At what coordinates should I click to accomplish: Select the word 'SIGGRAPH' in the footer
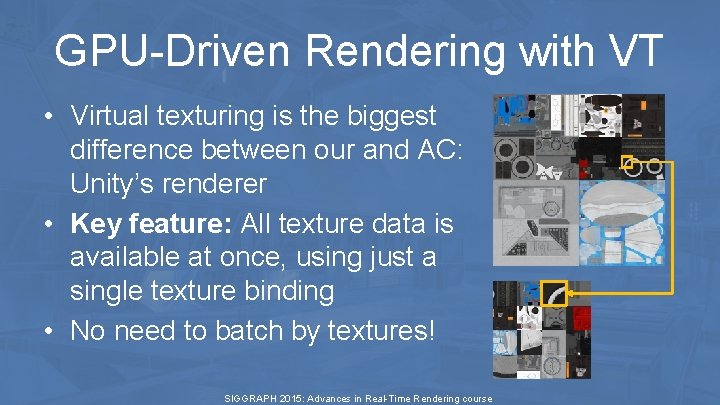(251, 398)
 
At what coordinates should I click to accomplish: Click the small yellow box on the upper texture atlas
(628, 161)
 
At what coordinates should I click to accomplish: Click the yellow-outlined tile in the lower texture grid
(553, 294)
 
